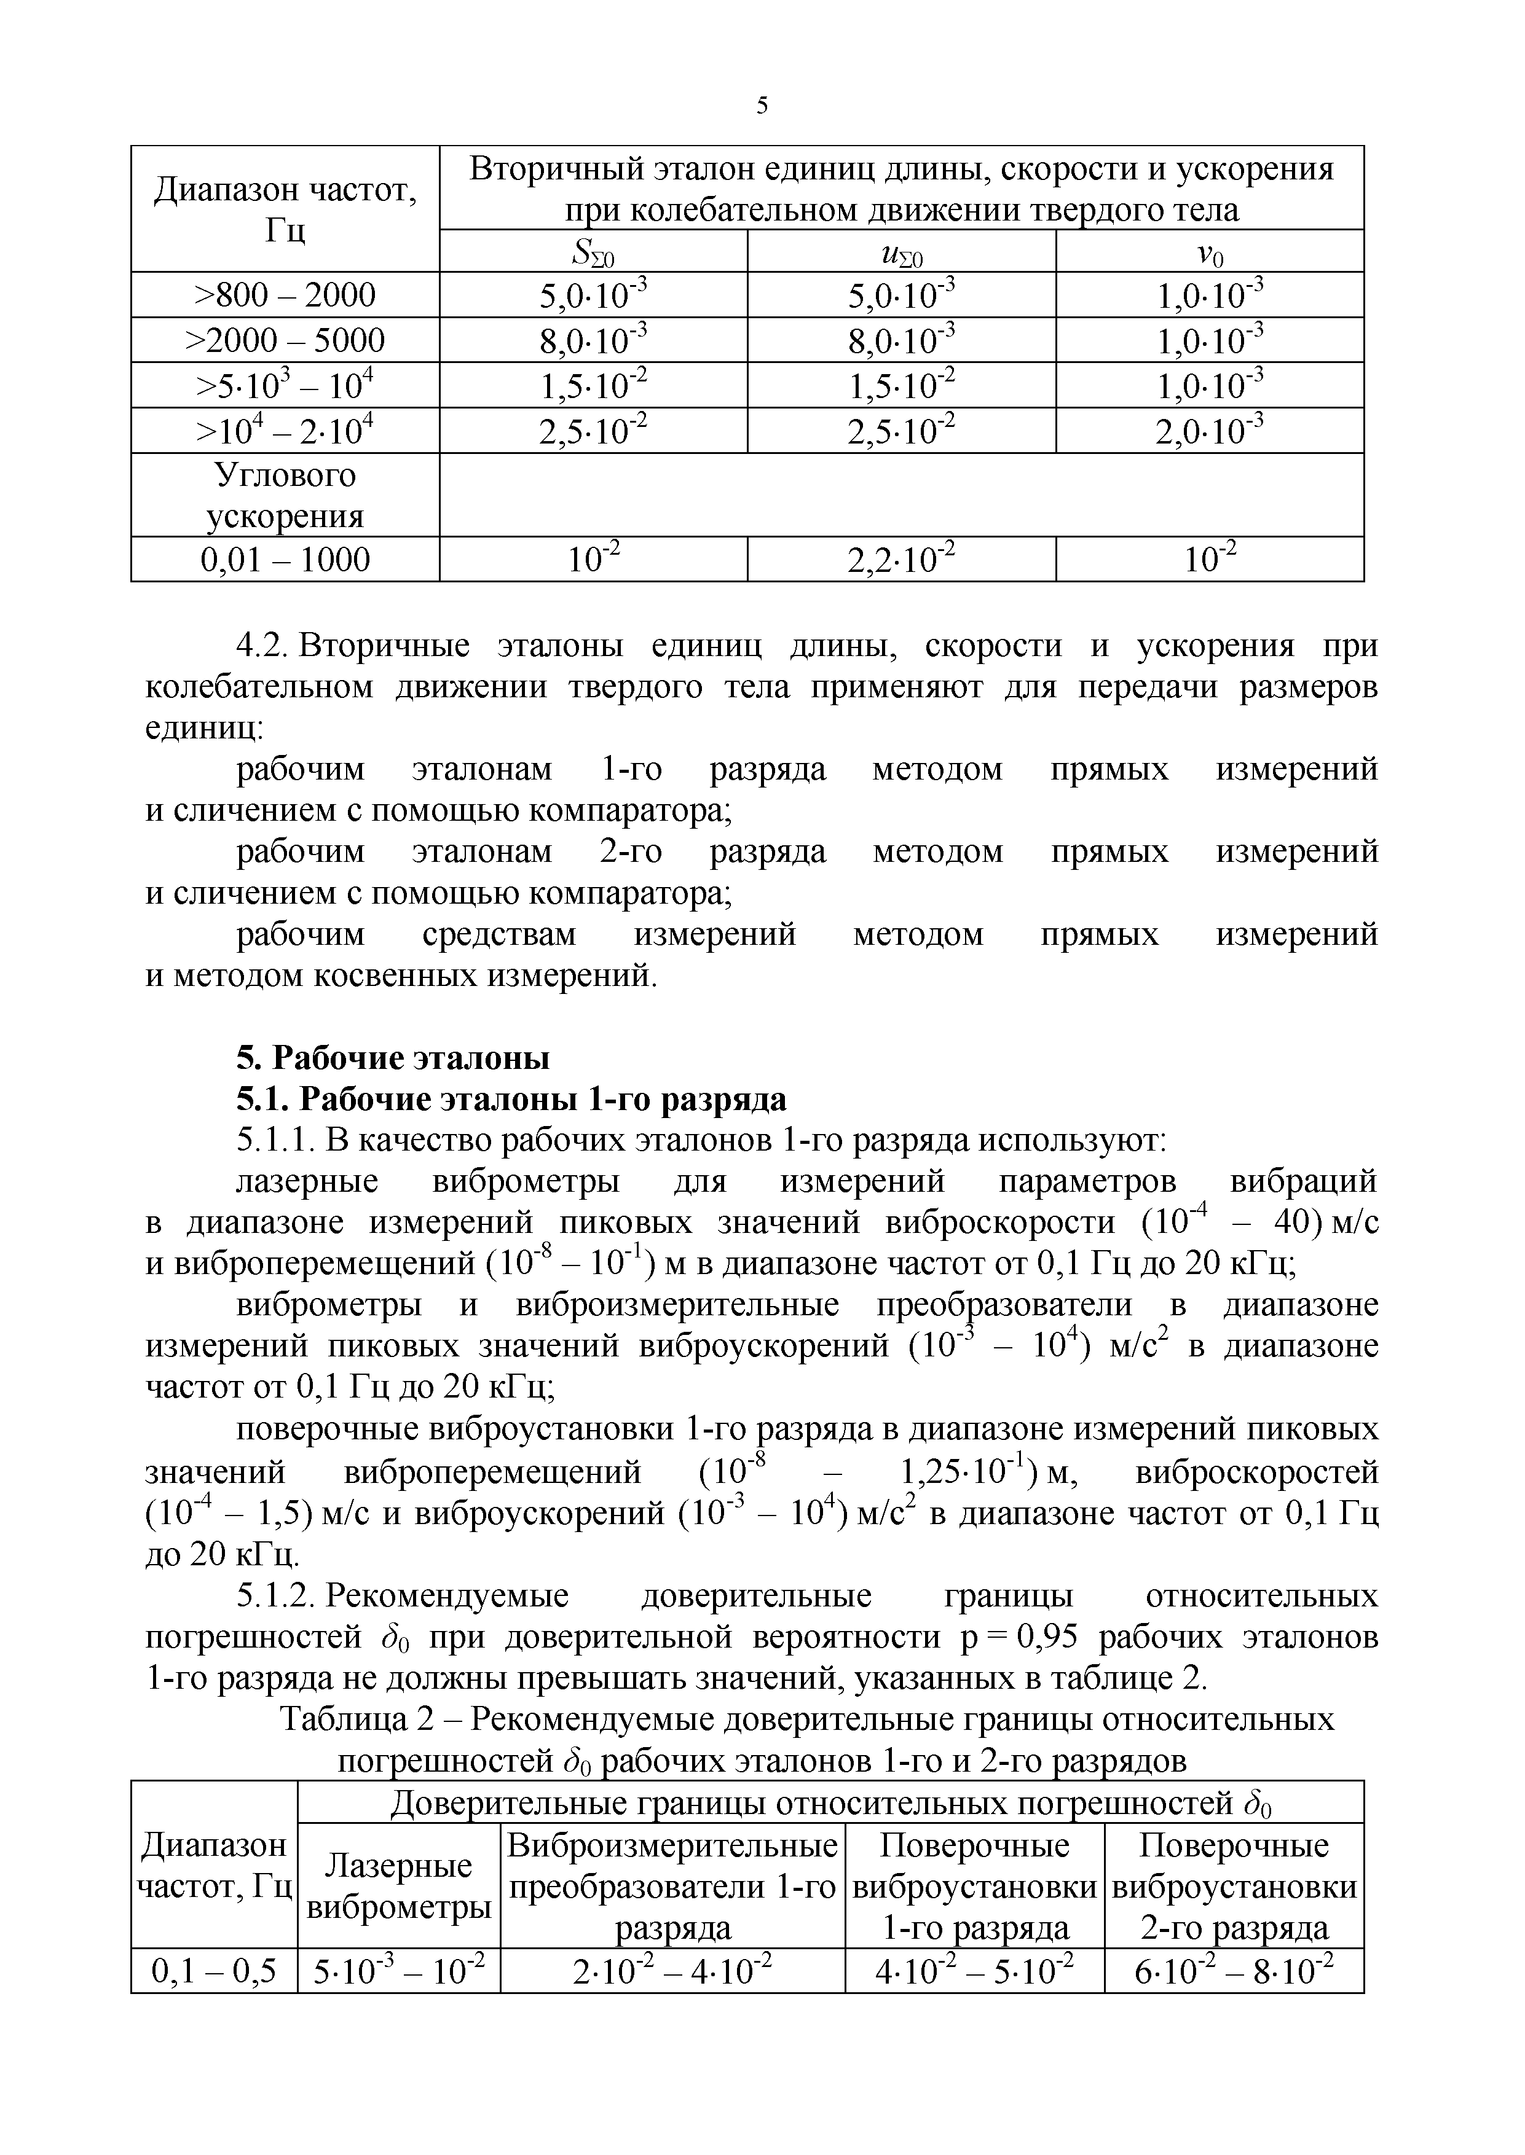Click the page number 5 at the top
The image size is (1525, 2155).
pos(762,106)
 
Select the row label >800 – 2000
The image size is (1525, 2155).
pos(285,295)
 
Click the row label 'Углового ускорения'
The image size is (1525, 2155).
pos(285,496)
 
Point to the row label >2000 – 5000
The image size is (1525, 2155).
pos(285,340)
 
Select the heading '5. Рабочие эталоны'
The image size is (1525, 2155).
pos(393,1058)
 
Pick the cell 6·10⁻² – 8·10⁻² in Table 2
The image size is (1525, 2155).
pos(1234,1972)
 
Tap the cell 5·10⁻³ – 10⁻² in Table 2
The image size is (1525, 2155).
pos(399,1972)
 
